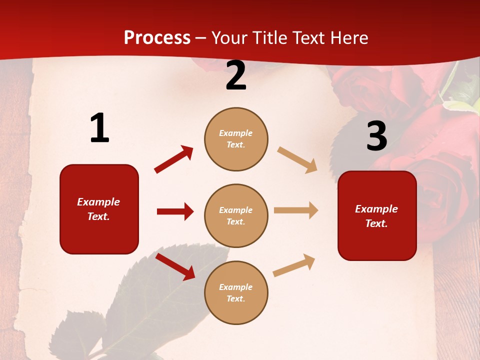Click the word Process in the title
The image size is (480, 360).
[157, 37]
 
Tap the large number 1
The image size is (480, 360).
[99, 128]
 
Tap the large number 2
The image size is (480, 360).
[236, 76]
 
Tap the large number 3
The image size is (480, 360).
[376, 136]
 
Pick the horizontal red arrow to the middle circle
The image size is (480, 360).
[175, 211]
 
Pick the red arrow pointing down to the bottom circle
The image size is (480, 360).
[175, 266]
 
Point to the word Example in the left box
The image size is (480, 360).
[98, 202]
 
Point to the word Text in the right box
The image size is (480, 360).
[375, 223]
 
